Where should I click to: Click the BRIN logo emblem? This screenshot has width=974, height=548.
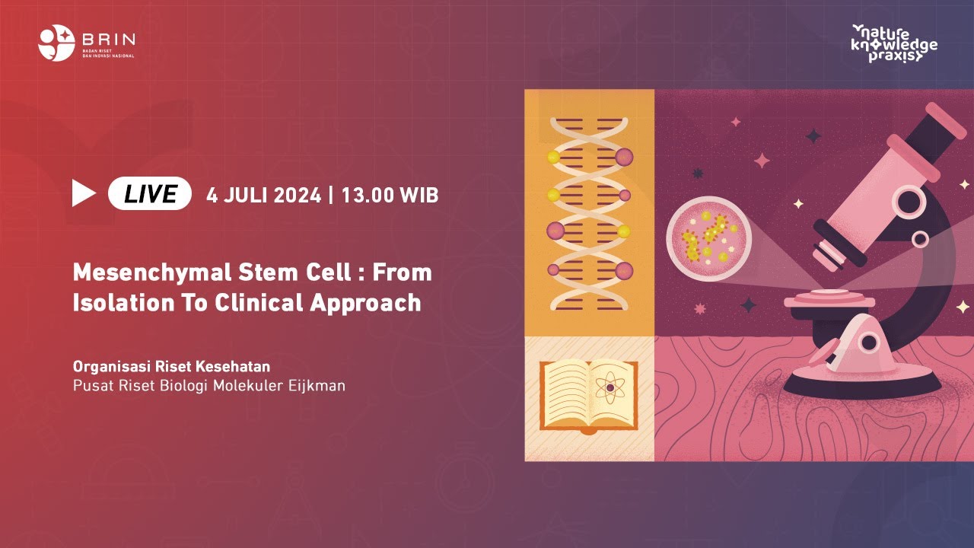(x=56, y=43)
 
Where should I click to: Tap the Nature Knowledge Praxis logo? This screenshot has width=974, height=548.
(x=894, y=43)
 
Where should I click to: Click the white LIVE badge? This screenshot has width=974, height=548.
(x=150, y=194)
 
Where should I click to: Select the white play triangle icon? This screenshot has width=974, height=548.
(x=83, y=194)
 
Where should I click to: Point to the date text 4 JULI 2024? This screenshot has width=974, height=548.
(x=263, y=195)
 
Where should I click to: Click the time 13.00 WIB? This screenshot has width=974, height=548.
(x=390, y=195)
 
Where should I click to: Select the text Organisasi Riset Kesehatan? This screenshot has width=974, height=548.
(x=171, y=366)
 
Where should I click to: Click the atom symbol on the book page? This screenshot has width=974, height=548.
(x=610, y=390)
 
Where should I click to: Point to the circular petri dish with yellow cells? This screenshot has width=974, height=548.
(x=708, y=238)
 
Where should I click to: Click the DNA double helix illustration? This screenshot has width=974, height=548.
(x=589, y=213)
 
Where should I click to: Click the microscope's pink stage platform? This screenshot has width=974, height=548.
(x=825, y=298)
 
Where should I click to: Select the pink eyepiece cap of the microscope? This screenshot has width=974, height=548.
(x=947, y=120)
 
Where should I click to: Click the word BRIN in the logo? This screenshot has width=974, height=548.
(x=107, y=39)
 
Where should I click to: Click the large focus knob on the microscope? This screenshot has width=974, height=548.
(x=910, y=202)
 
